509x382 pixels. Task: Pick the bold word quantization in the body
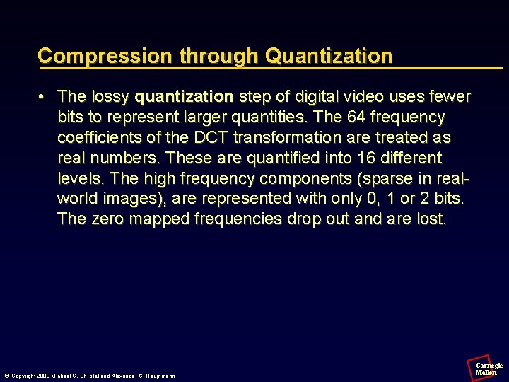tap(184, 95)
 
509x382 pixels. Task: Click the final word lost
tap(431, 219)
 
